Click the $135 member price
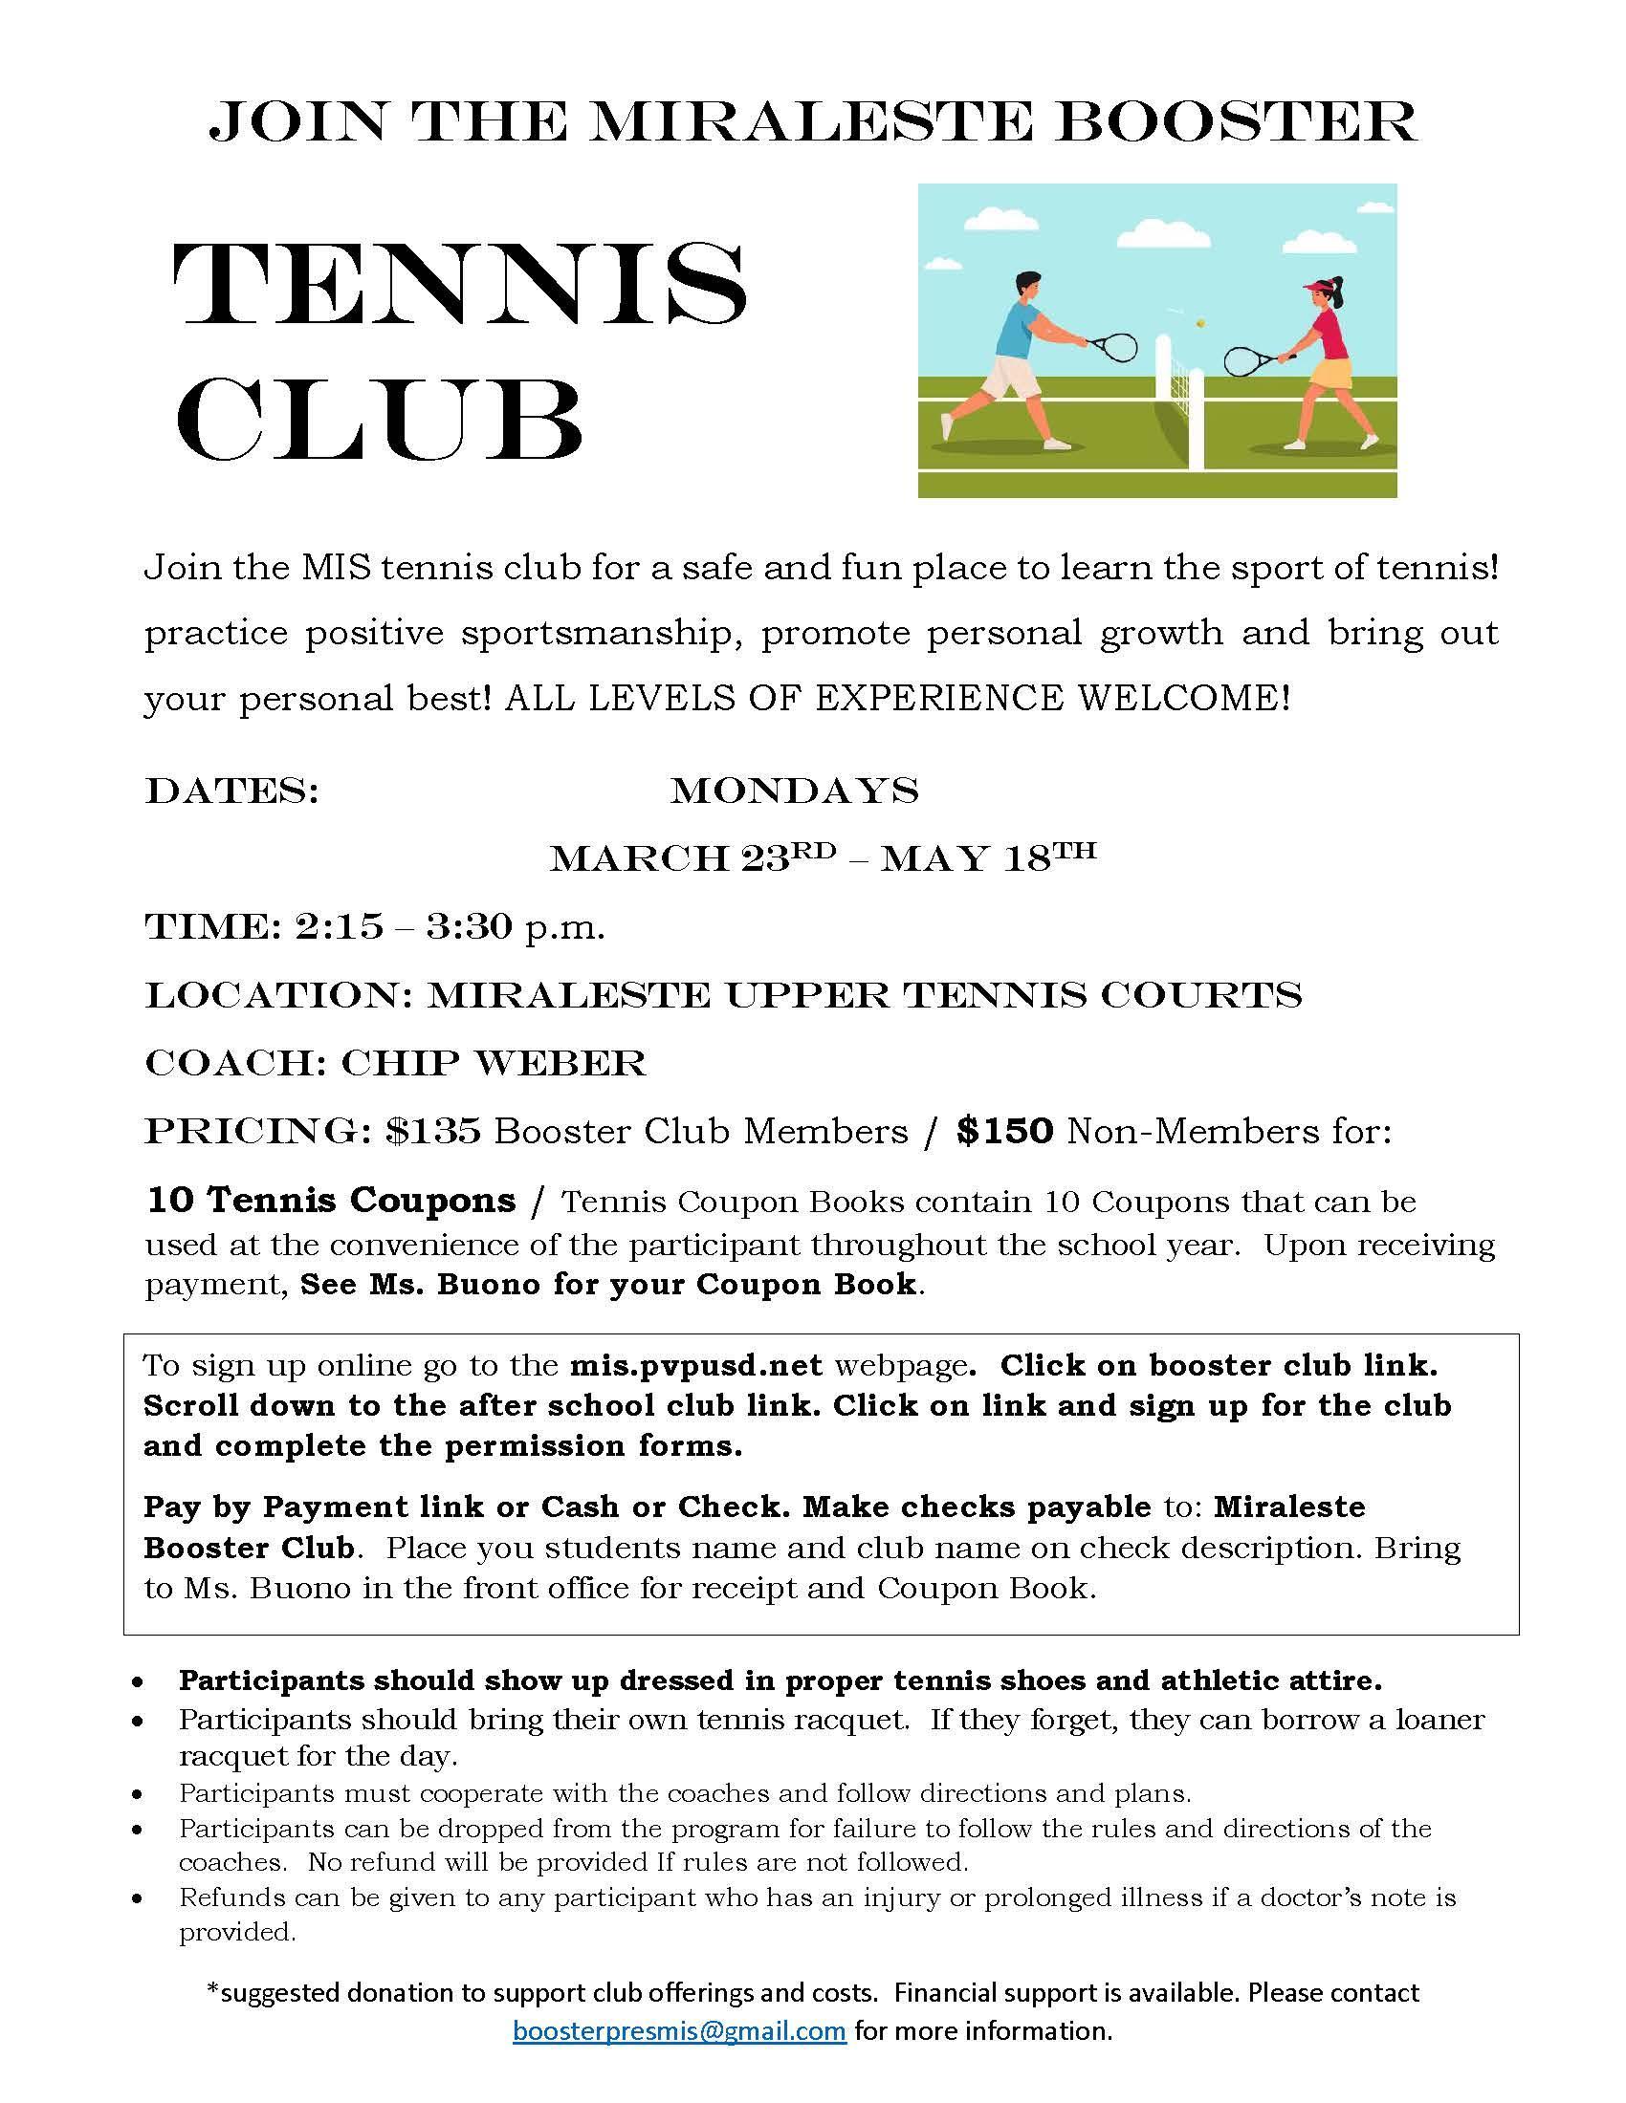click(432, 1132)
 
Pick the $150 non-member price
click(1004, 1132)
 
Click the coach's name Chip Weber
click(493, 1064)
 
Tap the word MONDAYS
click(794, 791)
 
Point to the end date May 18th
click(987, 857)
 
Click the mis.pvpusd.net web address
click(695, 1365)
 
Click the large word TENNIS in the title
click(459, 285)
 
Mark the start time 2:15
click(340, 928)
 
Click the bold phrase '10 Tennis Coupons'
click(330, 1201)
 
